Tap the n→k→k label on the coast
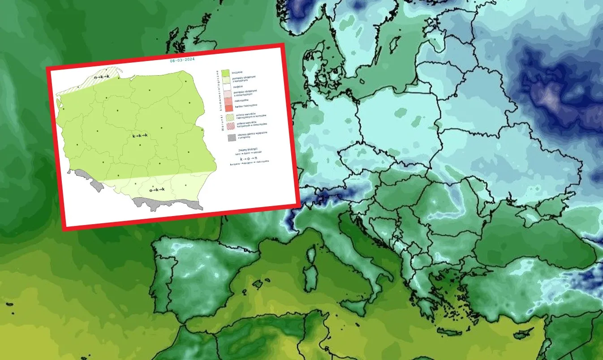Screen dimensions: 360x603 101,77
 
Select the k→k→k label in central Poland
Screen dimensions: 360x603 140,135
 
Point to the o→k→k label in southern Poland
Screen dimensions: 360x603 157,189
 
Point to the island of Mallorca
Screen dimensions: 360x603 257,283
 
